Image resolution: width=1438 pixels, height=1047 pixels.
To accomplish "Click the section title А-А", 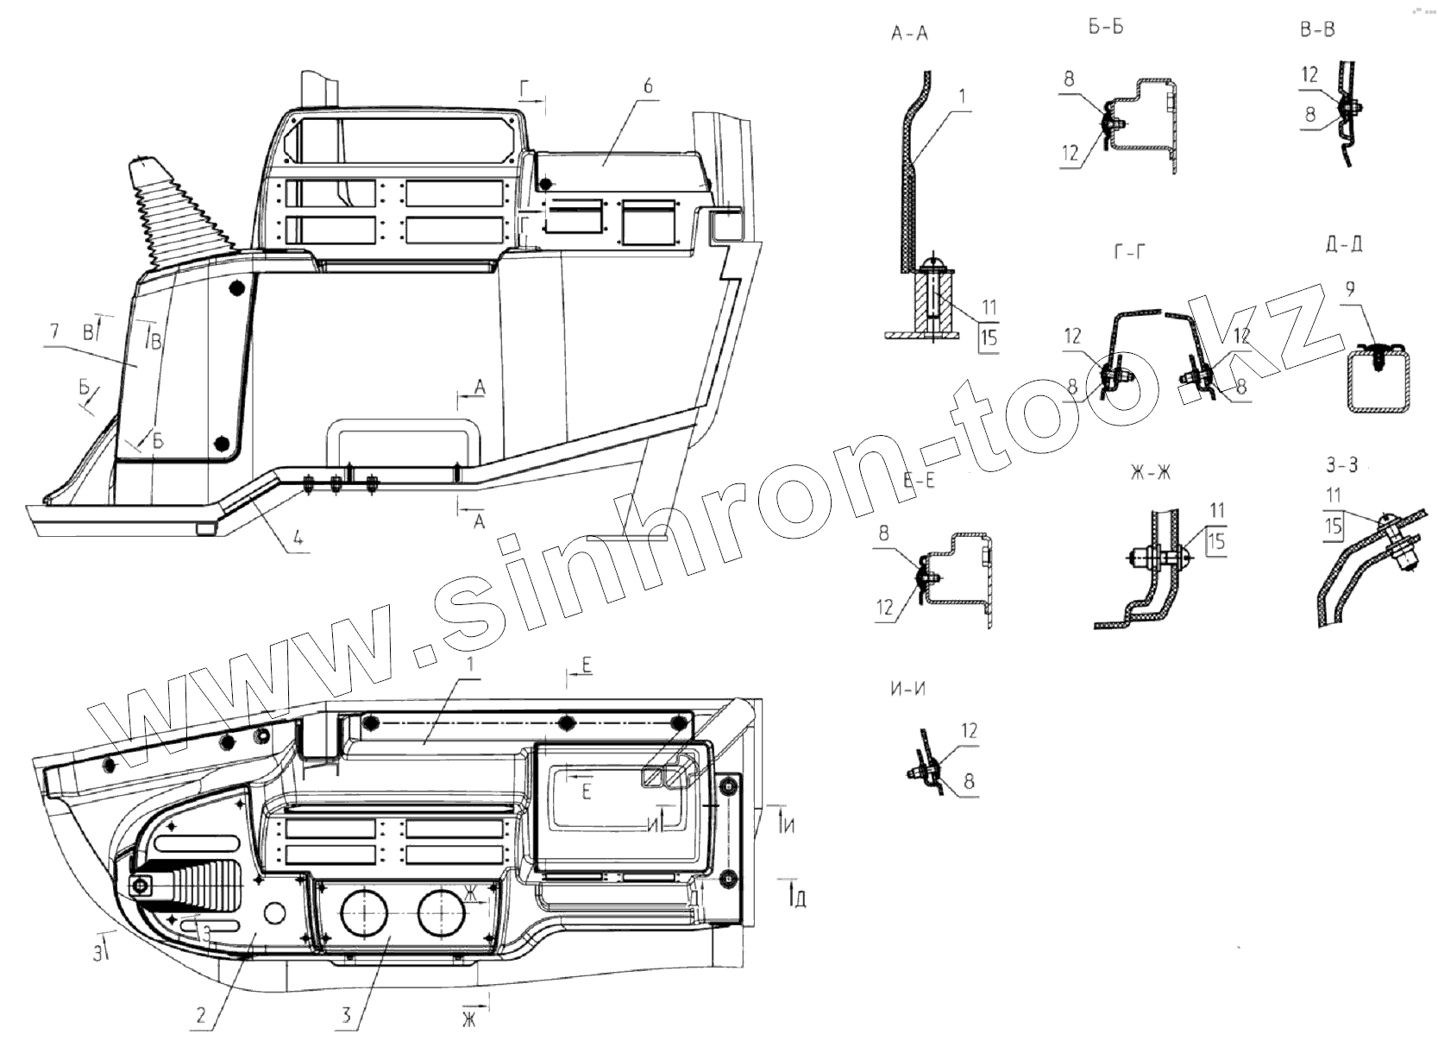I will (x=910, y=35).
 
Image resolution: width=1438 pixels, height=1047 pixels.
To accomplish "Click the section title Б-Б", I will (x=1106, y=27).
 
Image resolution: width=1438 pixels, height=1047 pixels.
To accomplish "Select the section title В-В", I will (x=1317, y=29).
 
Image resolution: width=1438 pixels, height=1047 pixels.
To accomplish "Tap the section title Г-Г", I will (x=1131, y=252).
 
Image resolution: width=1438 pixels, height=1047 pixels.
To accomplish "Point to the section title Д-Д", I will (x=1343, y=244).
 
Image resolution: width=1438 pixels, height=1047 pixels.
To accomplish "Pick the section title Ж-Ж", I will (x=1149, y=474).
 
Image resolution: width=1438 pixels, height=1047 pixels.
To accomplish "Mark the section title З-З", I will (x=1341, y=466).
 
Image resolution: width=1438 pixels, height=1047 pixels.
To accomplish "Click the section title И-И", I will (x=908, y=690).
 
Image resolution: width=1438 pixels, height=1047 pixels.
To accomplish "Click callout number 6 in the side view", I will (x=648, y=86).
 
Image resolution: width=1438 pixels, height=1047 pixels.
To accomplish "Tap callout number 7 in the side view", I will (x=54, y=331).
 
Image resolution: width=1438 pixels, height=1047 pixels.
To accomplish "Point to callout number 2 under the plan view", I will (x=201, y=1015).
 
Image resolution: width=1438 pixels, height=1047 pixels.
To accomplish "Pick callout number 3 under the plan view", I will (x=347, y=1015).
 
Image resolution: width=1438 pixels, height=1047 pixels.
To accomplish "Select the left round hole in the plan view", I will (x=365, y=916).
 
